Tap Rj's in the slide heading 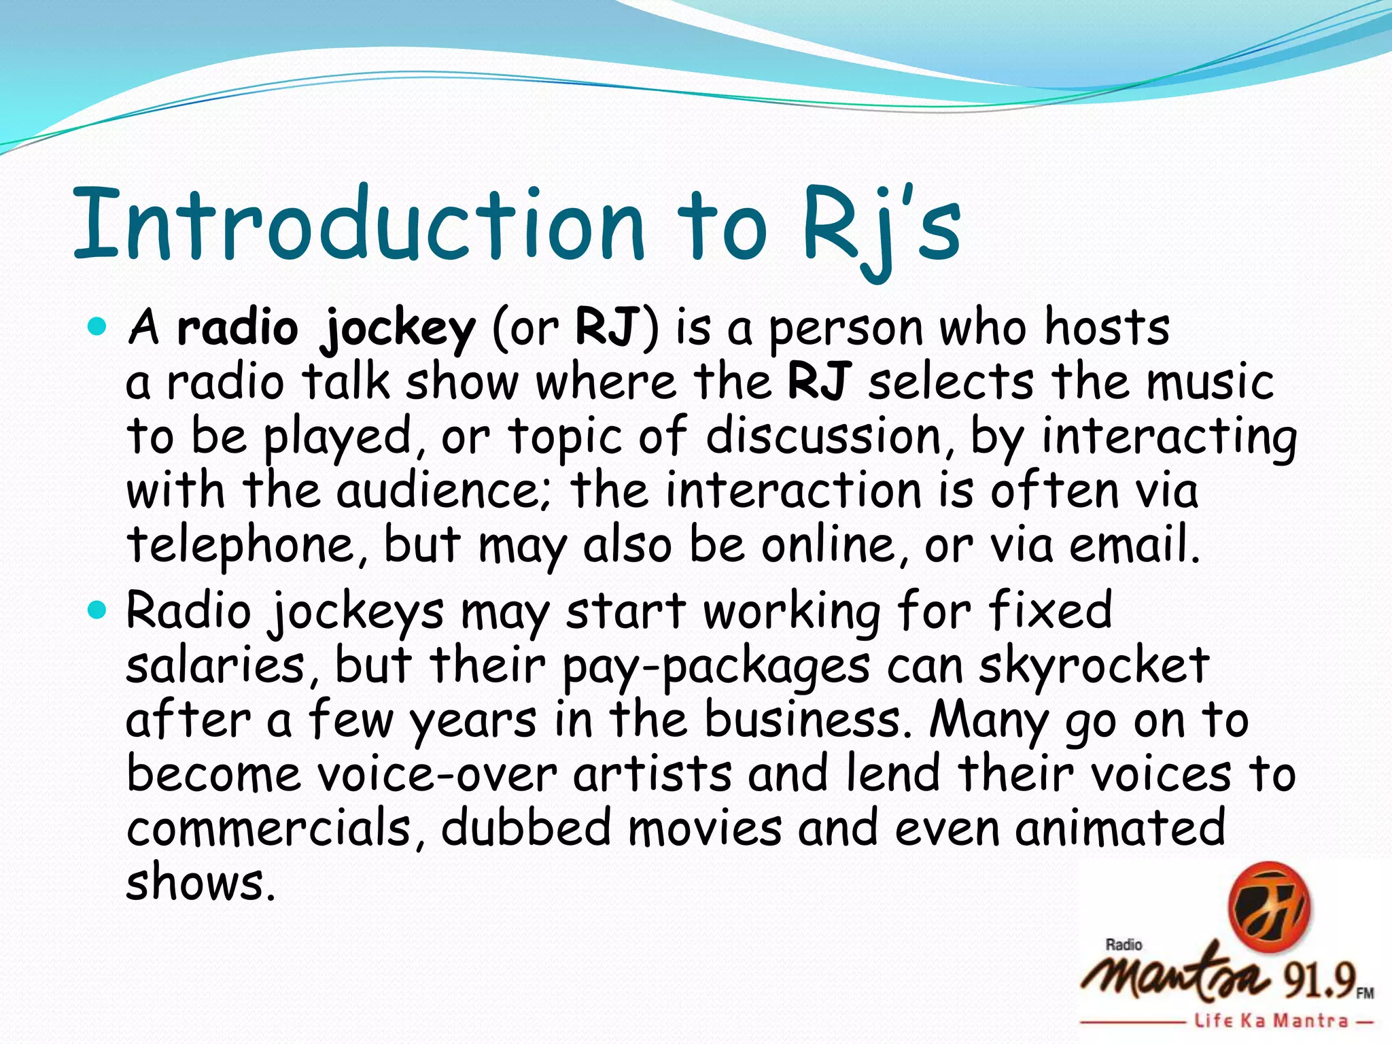coord(881,228)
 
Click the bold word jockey coord(398,329)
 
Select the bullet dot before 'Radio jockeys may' coord(98,610)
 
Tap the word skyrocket coord(1094,666)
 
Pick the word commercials coord(269,829)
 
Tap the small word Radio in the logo coord(1124,945)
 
